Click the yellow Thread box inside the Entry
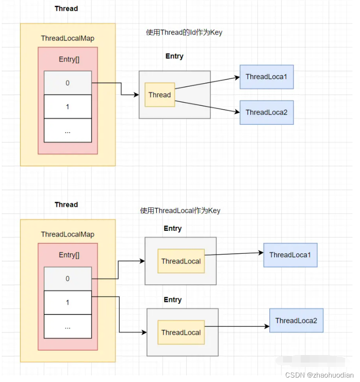pyautogui.click(x=160, y=95)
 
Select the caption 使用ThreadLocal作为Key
pyautogui.click(x=180, y=210)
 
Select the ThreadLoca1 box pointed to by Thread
pyautogui.click(x=266, y=76)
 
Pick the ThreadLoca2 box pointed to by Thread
pyautogui.click(x=266, y=112)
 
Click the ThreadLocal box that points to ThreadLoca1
pyautogui.click(x=181, y=261)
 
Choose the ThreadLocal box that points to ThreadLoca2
pyautogui.click(x=181, y=332)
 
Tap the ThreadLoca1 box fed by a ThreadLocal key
pyautogui.click(x=290, y=255)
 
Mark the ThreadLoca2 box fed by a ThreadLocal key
pyautogui.click(x=296, y=321)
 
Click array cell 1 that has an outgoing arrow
pyautogui.click(x=68, y=302)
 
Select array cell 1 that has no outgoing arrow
pyautogui.click(x=68, y=107)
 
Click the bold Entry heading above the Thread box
pyautogui.click(x=174, y=56)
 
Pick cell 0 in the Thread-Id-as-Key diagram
pyautogui.click(x=68, y=83)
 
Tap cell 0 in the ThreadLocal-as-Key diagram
pyautogui.click(x=68, y=279)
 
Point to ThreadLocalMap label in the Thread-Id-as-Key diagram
pyautogui.click(x=68, y=38)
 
